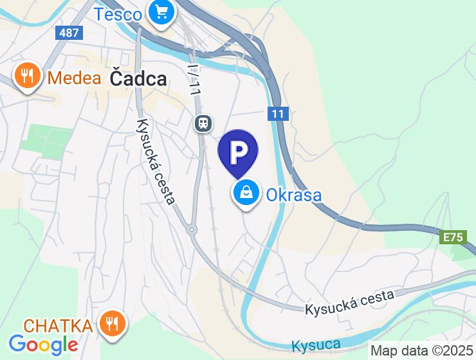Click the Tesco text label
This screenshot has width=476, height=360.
(118, 14)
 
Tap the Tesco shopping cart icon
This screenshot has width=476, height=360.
(160, 12)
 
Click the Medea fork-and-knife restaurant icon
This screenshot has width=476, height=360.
(27, 76)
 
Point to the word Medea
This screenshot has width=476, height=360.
(75, 78)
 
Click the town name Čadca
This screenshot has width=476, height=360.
(138, 78)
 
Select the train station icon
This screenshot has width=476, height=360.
(203, 122)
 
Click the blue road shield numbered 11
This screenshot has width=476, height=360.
(277, 114)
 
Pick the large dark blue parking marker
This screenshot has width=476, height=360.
(238, 152)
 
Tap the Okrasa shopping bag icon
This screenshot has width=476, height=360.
(246, 192)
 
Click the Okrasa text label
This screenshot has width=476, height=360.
(294, 194)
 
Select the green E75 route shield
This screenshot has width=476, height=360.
(453, 237)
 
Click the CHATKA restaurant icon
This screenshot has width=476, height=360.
(113, 323)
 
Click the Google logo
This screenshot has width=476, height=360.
(43, 345)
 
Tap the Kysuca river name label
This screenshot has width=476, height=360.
(316, 345)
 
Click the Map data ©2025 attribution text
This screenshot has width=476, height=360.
(421, 351)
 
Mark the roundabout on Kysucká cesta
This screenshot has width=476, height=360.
(191, 230)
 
